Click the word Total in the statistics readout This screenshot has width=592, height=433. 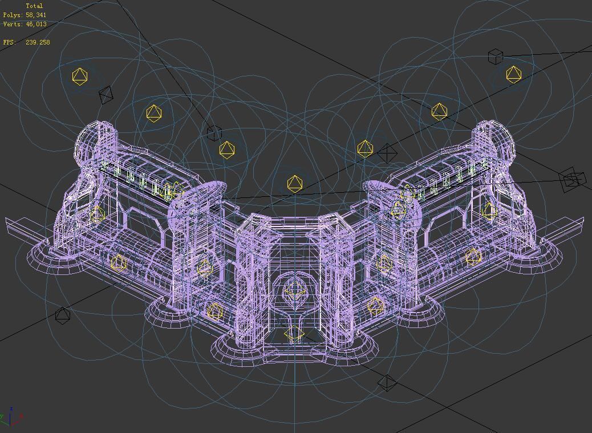coord(34,6)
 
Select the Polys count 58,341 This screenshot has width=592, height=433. coord(36,15)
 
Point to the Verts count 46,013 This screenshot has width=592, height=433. coord(37,24)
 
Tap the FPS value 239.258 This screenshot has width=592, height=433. coord(38,42)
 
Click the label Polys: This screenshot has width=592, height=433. coord(13,15)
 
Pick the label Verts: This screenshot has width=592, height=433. coord(13,24)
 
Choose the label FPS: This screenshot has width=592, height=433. coord(10,42)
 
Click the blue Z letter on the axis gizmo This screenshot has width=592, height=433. coord(12,409)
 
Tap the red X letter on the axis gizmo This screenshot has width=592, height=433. coord(21,416)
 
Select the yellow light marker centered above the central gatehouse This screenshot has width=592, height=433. coord(294,184)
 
